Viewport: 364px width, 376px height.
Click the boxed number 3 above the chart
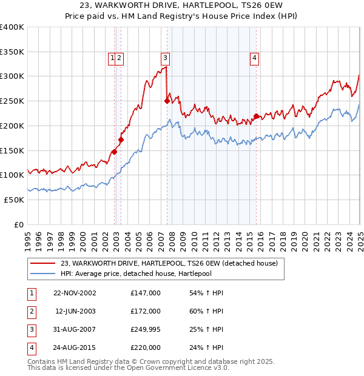point(165,58)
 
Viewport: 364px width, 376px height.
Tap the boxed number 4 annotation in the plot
point(255,58)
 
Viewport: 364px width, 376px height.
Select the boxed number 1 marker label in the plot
point(112,58)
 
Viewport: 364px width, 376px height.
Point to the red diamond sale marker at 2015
point(256,116)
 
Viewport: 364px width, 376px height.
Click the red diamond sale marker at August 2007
point(167,101)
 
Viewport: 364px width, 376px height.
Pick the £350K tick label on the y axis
point(12,52)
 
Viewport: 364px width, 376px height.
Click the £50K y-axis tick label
point(15,200)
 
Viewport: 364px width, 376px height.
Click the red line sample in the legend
point(42,263)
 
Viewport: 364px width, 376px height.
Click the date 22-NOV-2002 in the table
point(75,294)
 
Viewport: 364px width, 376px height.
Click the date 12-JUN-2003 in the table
point(75,311)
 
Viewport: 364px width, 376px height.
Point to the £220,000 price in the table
point(146,347)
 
